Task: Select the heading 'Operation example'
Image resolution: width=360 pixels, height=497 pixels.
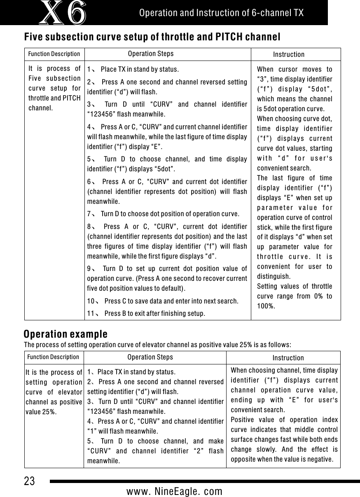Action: tap(65, 334)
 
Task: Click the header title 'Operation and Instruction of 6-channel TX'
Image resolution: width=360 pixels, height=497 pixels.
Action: tap(222, 13)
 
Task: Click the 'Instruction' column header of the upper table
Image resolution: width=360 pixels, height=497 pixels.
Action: tap(289, 54)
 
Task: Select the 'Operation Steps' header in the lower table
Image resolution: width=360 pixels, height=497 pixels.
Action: tap(150, 357)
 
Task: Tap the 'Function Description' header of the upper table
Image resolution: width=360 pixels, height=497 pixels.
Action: tap(54, 54)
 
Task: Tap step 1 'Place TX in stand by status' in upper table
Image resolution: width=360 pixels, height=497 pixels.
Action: tap(140, 68)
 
